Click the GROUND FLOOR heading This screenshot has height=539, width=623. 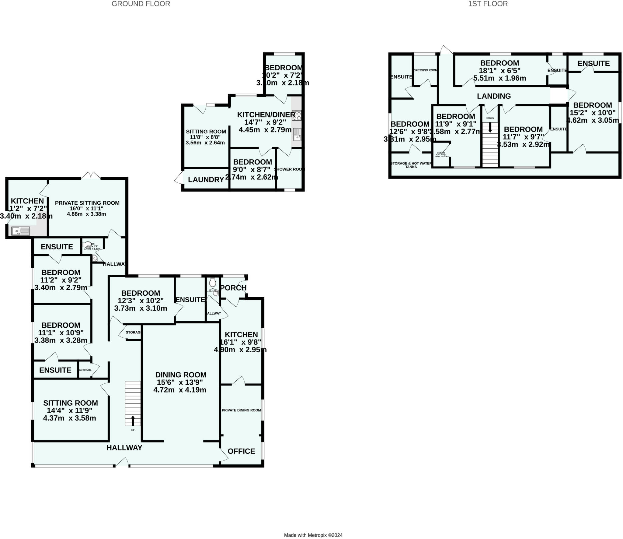(x=141, y=4)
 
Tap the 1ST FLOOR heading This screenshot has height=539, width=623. (x=488, y=4)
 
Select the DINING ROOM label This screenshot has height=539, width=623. (x=181, y=375)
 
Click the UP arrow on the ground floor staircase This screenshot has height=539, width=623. (x=133, y=421)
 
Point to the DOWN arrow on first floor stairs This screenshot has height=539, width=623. (x=490, y=127)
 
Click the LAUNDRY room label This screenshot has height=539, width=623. (x=206, y=180)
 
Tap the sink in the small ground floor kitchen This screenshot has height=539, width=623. (x=21, y=231)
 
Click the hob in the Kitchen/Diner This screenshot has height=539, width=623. (x=297, y=115)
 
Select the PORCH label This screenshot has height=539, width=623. (x=233, y=288)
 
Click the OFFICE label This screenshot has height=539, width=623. (x=241, y=451)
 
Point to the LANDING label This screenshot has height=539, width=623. (x=494, y=96)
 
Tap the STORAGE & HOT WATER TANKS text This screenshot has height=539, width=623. (x=411, y=165)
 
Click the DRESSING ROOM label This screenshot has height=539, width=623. (x=425, y=70)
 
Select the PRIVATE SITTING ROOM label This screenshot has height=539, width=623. (x=87, y=203)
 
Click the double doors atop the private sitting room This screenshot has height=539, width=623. (x=91, y=176)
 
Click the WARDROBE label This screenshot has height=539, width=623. (x=85, y=370)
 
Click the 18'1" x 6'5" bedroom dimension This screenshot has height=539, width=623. (x=499, y=71)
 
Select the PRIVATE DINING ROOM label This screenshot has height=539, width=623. (x=241, y=410)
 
